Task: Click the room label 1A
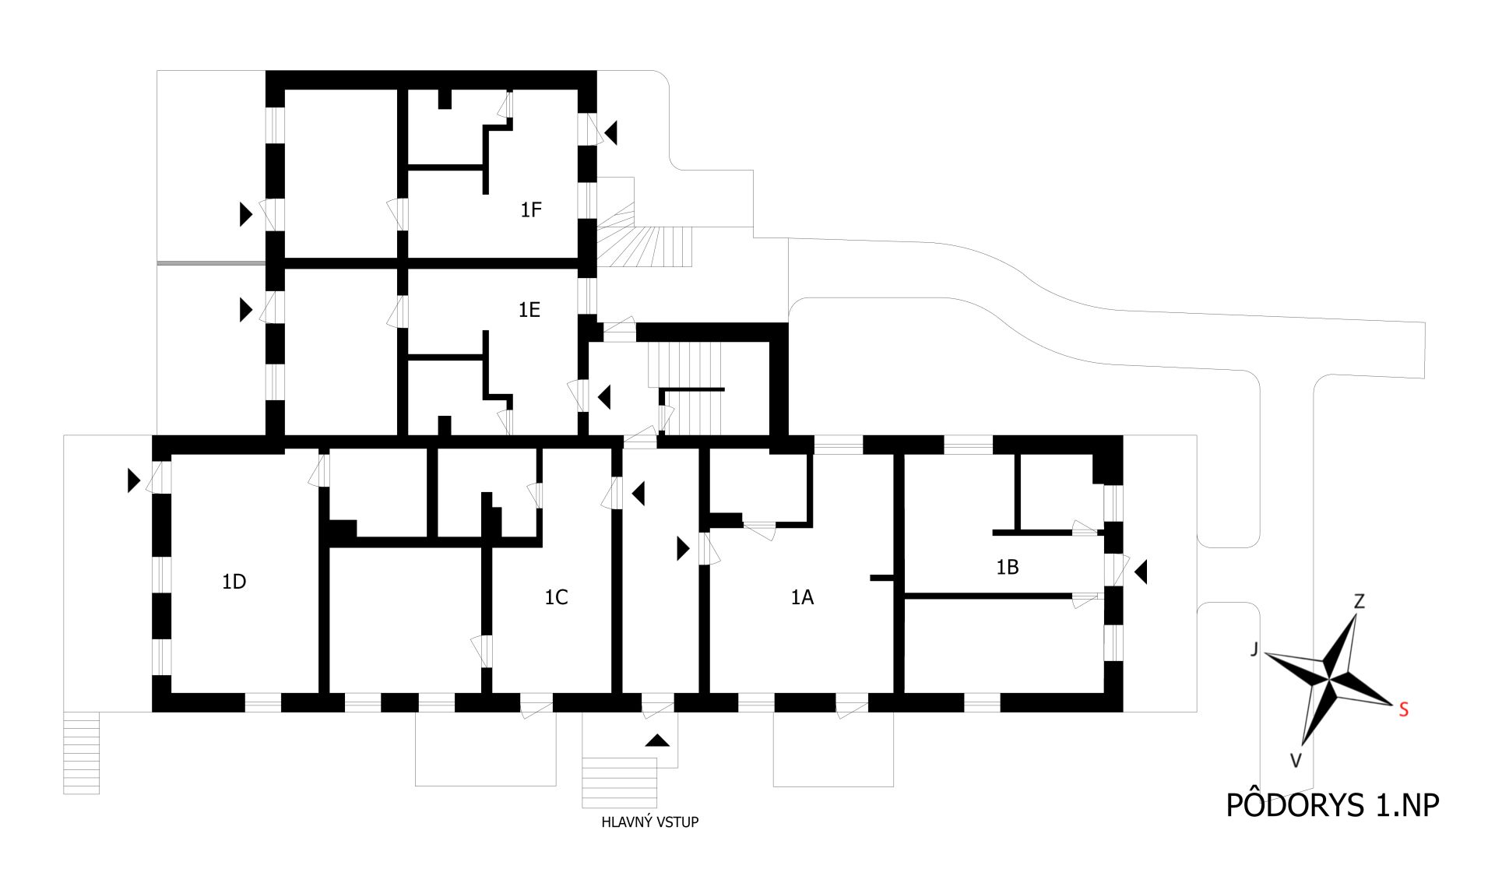tap(802, 597)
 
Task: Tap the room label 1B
tap(1007, 568)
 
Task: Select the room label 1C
tap(556, 597)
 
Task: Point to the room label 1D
tap(234, 582)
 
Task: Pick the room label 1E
tap(529, 310)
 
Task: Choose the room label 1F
tap(531, 209)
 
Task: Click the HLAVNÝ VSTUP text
tap(650, 822)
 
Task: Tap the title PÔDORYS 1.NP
tap(1332, 806)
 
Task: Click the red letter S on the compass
tap(1403, 710)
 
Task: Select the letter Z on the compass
tap(1359, 601)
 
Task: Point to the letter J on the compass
tap(1254, 649)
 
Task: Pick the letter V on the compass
tap(1296, 761)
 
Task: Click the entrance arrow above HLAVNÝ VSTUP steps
tap(657, 741)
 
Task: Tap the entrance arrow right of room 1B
tap(1141, 572)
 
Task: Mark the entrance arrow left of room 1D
tap(134, 480)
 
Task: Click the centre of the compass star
tap(1327, 676)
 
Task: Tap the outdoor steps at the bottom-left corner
tap(81, 753)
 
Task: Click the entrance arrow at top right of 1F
tap(610, 132)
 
